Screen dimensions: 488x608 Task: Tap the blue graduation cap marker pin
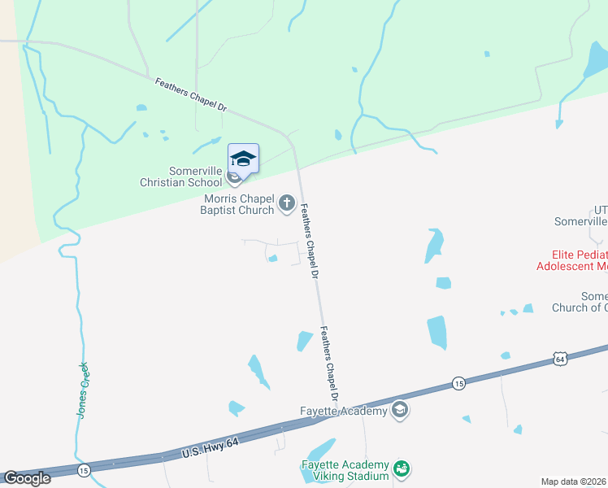pyautogui.click(x=243, y=159)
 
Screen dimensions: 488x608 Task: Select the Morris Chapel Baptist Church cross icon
pyautogui.click(x=286, y=203)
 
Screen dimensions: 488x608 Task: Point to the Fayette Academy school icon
pyautogui.click(x=399, y=410)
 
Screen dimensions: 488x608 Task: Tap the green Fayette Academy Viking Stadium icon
pyautogui.click(x=400, y=468)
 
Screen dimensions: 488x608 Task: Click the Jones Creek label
pyautogui.click(x=82, y=390)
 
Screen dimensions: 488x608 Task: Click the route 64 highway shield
pyautogui.click(x=559, y=358)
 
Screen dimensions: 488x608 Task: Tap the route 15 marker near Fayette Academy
pyautogui.click(x=458, y=383)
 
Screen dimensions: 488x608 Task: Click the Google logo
pyautogui.click(x=27, y=477)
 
